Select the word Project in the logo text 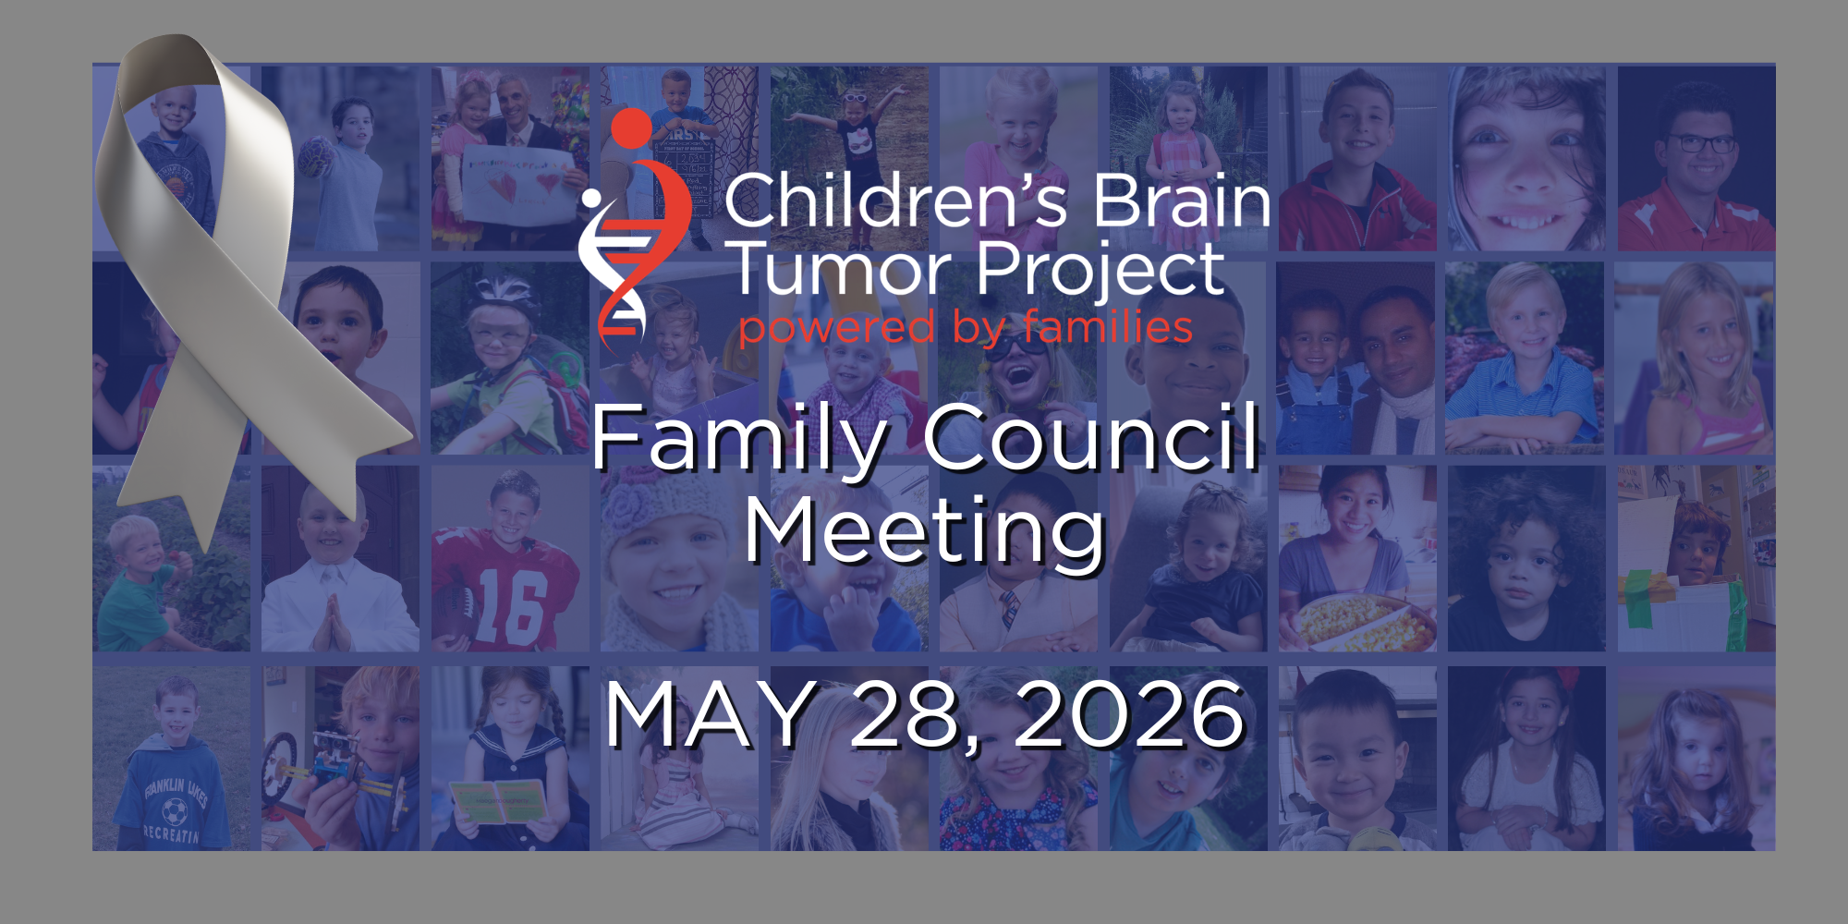click(1100, 272)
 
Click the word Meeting click(925, 530)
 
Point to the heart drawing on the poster click(503, 188)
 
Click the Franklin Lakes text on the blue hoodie click(176, 791)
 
